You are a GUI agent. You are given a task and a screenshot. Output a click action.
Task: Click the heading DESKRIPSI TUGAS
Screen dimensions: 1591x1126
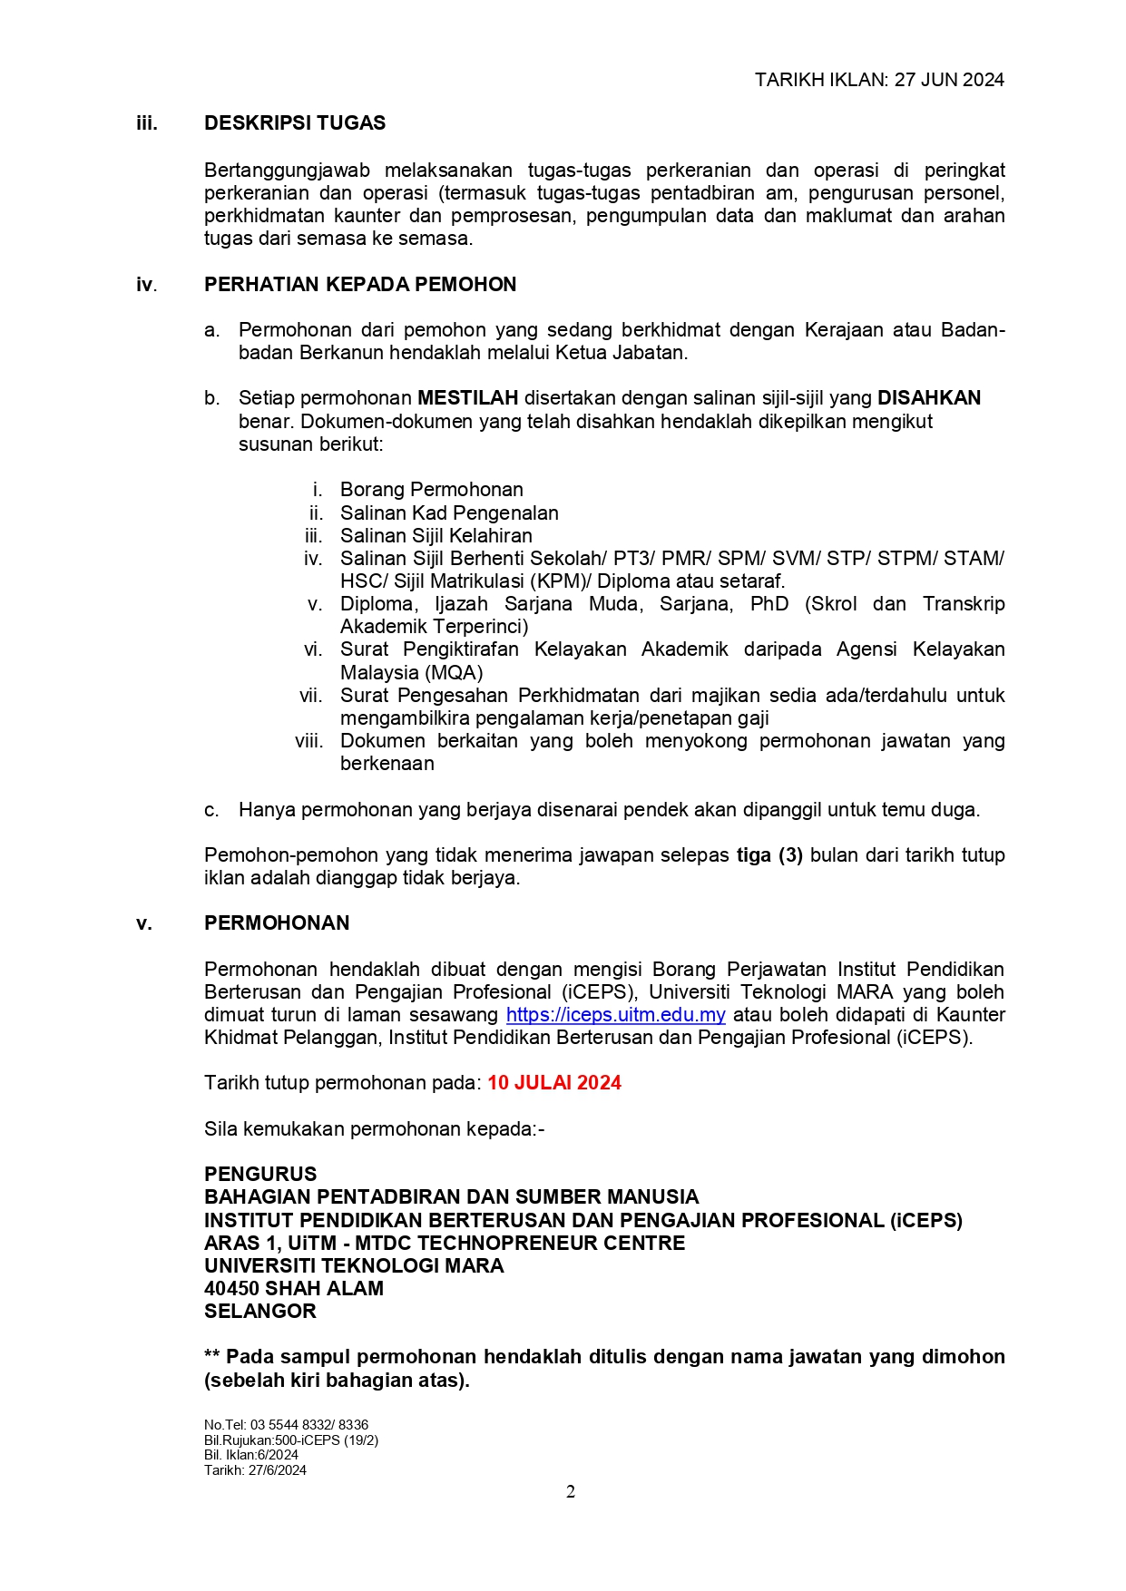pyautogui.click(x=295, y=123)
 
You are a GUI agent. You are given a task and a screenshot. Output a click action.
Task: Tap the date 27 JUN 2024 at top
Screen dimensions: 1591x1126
pyautogui.click(x=949, y=80)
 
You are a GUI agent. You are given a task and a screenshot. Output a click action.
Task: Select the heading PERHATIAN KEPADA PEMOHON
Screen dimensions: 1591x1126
pyautogui.click(x=360, y=285)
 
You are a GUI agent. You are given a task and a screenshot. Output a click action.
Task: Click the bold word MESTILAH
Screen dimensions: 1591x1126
pyautogui.click(x=467, y=398)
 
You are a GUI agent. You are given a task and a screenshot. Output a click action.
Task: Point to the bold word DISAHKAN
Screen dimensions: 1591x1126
pyautogui.click(x=929, y=398)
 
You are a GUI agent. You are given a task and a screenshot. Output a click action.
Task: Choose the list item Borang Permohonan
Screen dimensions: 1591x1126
pyautogui.click(x=431, y=490)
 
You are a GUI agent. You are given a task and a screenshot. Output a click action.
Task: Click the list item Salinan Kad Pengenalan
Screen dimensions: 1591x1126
pyautogui.click(x=449, y=513)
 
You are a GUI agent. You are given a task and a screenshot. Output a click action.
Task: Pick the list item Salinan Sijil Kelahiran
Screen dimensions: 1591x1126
pyautogui.click(x=436, y=536)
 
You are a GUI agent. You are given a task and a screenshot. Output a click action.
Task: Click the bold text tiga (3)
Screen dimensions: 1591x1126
pyautogui.click(x=769, y=855)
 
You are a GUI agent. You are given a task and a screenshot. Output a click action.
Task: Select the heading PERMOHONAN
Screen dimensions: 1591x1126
pyautogui.click(x=277, y=923)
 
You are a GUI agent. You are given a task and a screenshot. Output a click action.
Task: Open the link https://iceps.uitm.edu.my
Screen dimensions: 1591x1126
pyautogui.click(x=615, y=1015)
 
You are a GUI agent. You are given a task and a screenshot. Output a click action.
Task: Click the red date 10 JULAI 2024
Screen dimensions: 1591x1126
pyautogui.click(x=554, y=1083)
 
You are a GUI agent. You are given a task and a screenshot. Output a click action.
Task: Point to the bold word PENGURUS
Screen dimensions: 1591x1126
pyautogui.click(x=260, y=1175)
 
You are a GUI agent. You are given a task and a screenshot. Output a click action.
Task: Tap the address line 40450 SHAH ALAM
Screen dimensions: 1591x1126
pyautogui.click(x=294, y=1289)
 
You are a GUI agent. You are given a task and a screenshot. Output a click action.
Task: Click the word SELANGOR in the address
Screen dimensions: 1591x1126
pyautogui.click(x=260, y=1312)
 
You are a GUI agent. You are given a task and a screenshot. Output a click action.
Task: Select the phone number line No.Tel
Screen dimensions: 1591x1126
pyautogui.click(x=286, y=1425)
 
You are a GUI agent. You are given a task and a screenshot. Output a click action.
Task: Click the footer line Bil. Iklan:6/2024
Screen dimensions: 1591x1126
pyautogui.click(x=251, y=1455)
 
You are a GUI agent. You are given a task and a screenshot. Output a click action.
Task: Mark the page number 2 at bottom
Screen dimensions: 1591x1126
pyautogui.click(x=571, y=1492)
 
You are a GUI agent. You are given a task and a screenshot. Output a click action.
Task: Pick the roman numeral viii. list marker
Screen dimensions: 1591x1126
pyautogui.click(x=308, y=741)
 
